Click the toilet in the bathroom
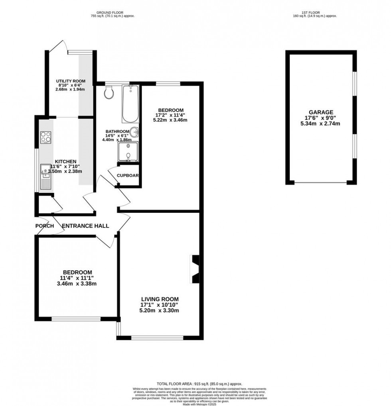tap(109, 93)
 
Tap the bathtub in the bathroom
tap(130, 104)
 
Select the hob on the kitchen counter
tap(45, 137)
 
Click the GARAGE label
tap(321, 112)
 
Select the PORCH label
tap(44, 226)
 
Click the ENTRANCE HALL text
tap(86, 226)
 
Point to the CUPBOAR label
tap(128, 175)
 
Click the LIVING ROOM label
tap(160, 299)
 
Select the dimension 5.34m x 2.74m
tap(321, 124)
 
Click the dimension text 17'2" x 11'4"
tap(170, 115)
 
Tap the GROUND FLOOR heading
tap(113, 12)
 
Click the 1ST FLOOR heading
tap(315, 12)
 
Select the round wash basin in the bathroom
tap(135, 132)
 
